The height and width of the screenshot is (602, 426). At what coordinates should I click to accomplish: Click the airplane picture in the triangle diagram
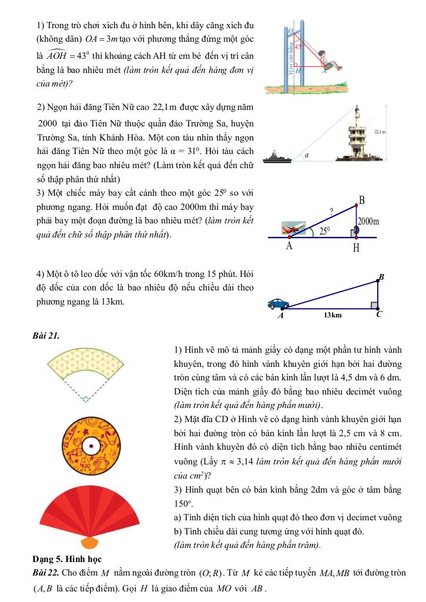pos(293,227)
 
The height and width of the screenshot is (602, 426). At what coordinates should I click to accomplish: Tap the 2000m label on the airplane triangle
pos(368,222)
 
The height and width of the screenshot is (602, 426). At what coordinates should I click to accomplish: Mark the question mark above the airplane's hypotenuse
pos(331,210)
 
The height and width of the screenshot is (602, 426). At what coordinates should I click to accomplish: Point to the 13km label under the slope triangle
pos(332,315)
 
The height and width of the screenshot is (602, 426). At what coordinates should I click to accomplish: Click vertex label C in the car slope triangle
pos(378,314)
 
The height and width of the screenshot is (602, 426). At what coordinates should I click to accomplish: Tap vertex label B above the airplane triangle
pos(362,200)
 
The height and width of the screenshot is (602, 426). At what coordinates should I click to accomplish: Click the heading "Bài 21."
pos(47,335)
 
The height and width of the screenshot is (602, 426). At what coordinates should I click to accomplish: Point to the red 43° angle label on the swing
pos(298,45)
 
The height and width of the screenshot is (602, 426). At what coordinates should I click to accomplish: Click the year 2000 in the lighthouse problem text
pos(47,126)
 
